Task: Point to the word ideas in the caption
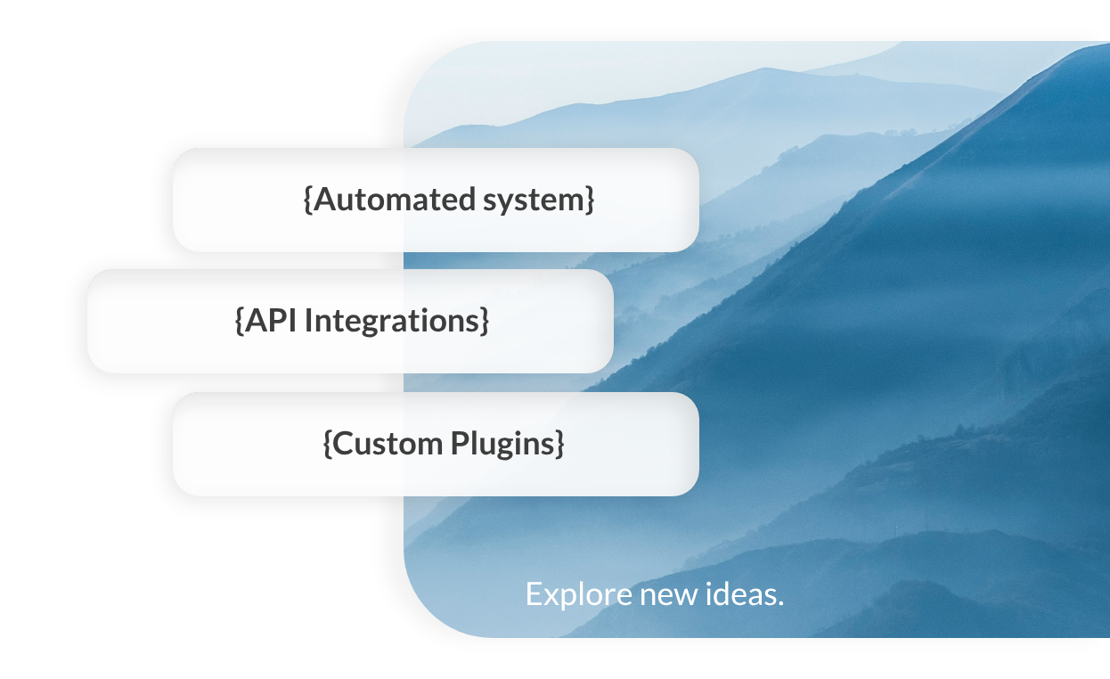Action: click(x=743, y=593)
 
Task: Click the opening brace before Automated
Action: click(x=308, y=200)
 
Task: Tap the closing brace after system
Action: click(x=590, y=200)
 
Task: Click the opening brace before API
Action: click(x=240, y=321)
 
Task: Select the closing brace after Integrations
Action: click(x=485, y=321)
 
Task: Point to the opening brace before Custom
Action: click(x=328, y=443)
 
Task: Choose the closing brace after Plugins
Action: click(x=559, y=443)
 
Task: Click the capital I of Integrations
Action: click(x=308, y=321)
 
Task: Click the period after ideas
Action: click(x=780, y=602)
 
